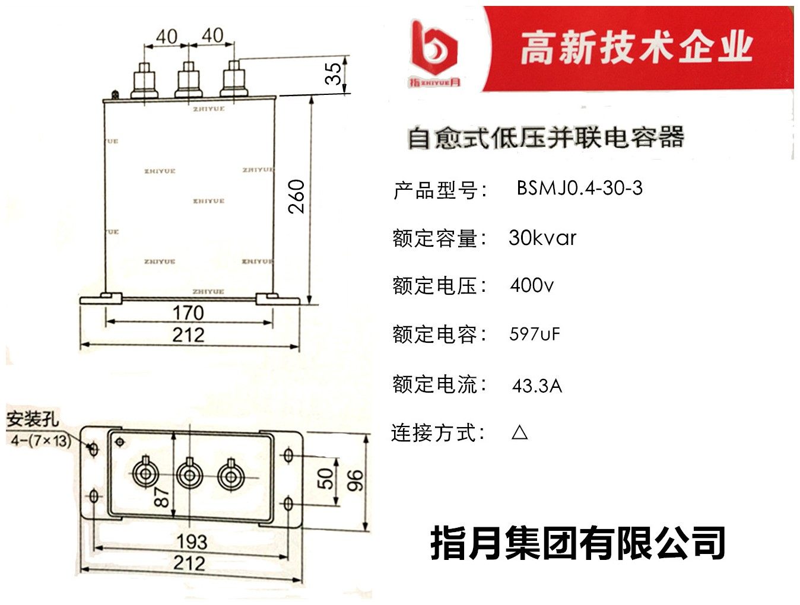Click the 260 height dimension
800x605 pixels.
tap(296, 197)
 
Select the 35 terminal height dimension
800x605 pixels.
tap(334, 73)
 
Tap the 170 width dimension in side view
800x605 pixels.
tap(188, 313)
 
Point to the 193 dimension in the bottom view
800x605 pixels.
tap(192, 541)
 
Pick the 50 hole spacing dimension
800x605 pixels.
tap(325, 479)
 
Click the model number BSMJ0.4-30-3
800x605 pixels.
tap(579, 189)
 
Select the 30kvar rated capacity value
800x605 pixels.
tap(542, 238)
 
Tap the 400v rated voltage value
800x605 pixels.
tap(532, 286)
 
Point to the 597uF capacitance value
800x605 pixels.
tap(534, 334)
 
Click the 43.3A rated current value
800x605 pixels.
tap(536, 386)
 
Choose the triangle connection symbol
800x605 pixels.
tap(519, 432)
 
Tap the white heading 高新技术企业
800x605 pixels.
tap(636, 47)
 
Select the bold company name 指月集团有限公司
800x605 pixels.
tap(577, 543)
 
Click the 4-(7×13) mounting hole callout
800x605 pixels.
tap(40, 441)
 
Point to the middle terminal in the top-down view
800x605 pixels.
tap(189, 475)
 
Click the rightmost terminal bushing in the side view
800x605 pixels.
tap(233, 79)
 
